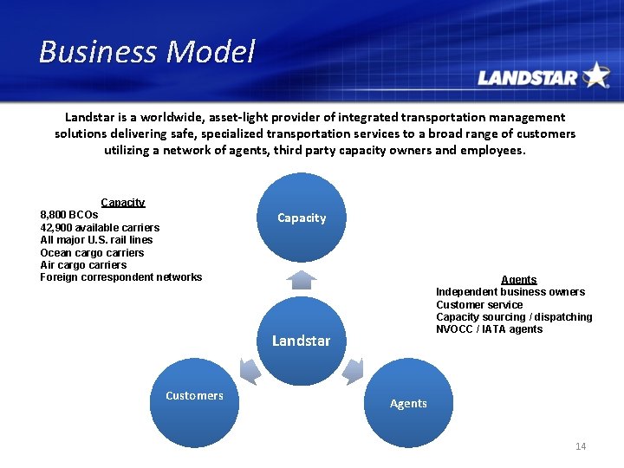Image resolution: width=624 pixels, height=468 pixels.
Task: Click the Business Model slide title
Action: click(146, 52)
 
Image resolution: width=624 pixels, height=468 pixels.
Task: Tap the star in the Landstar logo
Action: click(596, 75)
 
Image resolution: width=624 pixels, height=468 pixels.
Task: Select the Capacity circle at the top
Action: click(302, 218)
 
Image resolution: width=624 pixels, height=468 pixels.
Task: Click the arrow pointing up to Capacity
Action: click(302, 279)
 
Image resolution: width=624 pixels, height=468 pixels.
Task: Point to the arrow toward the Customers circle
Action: click(249, 370)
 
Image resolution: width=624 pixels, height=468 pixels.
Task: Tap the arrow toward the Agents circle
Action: click(354, 370)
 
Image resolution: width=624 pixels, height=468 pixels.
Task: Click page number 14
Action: click(581, 446)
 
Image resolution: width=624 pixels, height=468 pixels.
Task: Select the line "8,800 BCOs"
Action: click(69, 214)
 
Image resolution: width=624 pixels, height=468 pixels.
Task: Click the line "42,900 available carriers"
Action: click(100, 227)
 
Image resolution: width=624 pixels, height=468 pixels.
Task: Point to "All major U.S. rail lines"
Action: click(96, 240)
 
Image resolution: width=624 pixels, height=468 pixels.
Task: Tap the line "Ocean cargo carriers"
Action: click(92, 252)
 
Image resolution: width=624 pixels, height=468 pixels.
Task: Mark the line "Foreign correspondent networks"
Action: click(120, 277)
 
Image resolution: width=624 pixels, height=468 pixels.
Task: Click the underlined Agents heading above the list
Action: click(519, 280)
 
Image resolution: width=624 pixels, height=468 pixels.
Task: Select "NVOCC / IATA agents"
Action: click(489, 329)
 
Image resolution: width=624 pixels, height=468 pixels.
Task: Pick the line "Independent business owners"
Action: click(510, 292)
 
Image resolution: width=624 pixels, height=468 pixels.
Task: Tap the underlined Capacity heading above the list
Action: click(123, 202)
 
